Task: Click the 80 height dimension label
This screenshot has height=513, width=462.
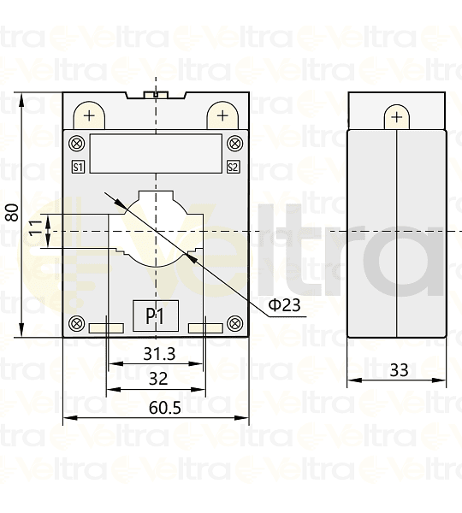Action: (x=12, y=212)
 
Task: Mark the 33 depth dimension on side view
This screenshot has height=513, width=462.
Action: (x=399, y=370)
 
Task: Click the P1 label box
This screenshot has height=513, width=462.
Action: (x=154, y=316)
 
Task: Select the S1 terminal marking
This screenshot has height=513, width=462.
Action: (x=77, y=167)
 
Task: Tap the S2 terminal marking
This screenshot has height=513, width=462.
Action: (x=233, y=167)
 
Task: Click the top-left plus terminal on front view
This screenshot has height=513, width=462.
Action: (x=89, y=115)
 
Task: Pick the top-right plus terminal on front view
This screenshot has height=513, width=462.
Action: (x=222, y=115)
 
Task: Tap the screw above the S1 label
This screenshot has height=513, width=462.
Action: (x=77, y=143)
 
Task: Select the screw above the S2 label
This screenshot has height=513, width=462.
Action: (x=233, y=143)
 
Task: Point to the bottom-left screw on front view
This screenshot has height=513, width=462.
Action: (x=77, y=324)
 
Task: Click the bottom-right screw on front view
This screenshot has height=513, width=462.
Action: (x=233, y=324)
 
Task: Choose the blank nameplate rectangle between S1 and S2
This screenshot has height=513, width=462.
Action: (x=155, y=154)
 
